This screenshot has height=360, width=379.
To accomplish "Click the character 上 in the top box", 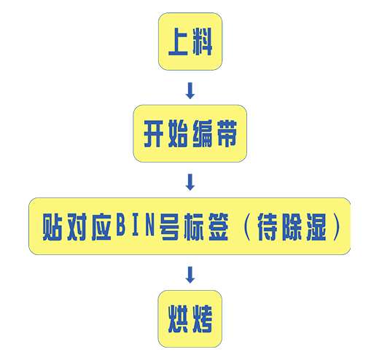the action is pos(178,42).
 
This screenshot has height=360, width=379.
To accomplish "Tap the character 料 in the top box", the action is pos(203,42).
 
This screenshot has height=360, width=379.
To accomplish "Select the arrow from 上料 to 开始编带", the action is pos(190,90).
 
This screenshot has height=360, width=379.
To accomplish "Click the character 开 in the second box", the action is pos(154,133).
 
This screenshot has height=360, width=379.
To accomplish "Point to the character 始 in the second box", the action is pos(178,133).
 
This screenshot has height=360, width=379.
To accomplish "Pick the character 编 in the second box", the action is pos(203,133).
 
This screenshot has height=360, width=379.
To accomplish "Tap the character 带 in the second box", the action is pos(227,133).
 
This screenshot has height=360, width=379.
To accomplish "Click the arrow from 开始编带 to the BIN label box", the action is pos(190,182).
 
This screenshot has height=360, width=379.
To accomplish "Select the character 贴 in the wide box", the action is pos(52,227).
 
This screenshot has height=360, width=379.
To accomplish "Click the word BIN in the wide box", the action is pos(136,224).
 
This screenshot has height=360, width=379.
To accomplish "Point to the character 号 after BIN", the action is pos(169,227).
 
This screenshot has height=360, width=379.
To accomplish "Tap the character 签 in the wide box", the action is pos(218,227).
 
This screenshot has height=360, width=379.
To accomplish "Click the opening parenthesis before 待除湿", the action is pos(246,227).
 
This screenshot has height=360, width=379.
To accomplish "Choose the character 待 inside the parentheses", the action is pos(267,227).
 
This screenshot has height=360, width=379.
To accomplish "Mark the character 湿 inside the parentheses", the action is pos(316,227).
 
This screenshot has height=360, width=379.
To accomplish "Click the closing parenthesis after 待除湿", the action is pos(337,227).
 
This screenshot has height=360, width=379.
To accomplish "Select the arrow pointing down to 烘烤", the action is pos(190,275).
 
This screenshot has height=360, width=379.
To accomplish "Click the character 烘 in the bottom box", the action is pos(178,319).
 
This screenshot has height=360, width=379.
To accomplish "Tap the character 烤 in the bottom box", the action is pos(203,319).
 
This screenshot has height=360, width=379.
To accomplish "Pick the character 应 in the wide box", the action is pos(101,227).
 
